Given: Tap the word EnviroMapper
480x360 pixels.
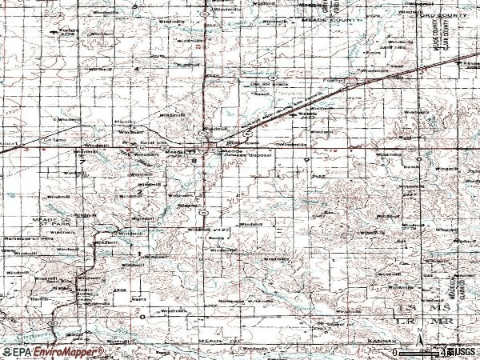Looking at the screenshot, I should tap(71, 352).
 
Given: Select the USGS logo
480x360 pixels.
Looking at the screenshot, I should tap(462, 352).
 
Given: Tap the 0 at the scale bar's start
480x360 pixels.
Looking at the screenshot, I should tap(395, 352).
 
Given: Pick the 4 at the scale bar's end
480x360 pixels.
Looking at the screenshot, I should tap(442, 352).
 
